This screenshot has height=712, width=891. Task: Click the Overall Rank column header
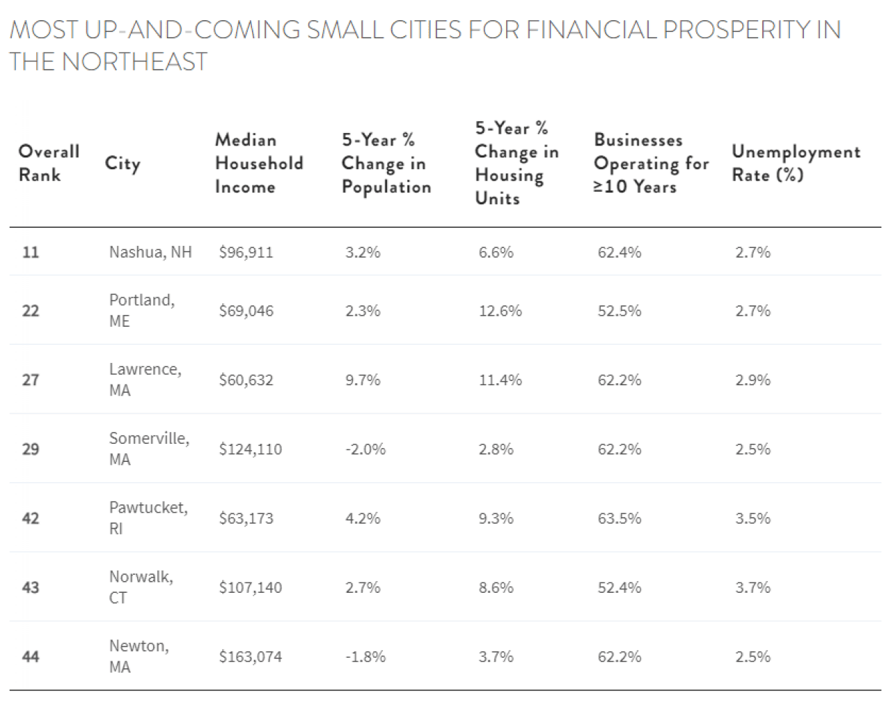click(x=49, y=163)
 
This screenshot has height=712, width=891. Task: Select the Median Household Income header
click(x=258, y=163)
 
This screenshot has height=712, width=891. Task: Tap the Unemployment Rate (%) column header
click(x=796, y=163)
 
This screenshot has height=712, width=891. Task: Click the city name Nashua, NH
click(x=150, y=252)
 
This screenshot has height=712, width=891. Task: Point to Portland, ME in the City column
click(x=141, y=310)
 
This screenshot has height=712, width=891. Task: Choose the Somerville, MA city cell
click(x=148, y=449)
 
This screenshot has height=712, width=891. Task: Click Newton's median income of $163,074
click(x=250, y=656)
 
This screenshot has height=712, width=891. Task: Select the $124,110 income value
click(x=250, y=449)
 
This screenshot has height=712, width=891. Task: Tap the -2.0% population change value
click(x=365, y=449)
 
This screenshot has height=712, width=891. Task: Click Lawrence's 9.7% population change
click(x=363, y=380)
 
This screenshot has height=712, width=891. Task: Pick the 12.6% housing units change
click(x=500, y=311)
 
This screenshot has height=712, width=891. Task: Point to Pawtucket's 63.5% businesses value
click(x=619, y=518)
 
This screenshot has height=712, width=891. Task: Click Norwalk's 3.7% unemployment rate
click(x=752, y=587)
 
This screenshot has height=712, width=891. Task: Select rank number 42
click(x=31, y=518)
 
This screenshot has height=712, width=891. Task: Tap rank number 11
click(x=31, y=252)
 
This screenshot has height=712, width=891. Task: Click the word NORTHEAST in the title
click(x=134, y=62)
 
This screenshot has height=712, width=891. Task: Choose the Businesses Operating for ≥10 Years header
click(x=650, y=163)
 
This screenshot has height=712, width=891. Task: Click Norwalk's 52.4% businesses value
click(x=619, y=587)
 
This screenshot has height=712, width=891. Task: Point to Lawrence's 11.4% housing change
click(x=500, y=380)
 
